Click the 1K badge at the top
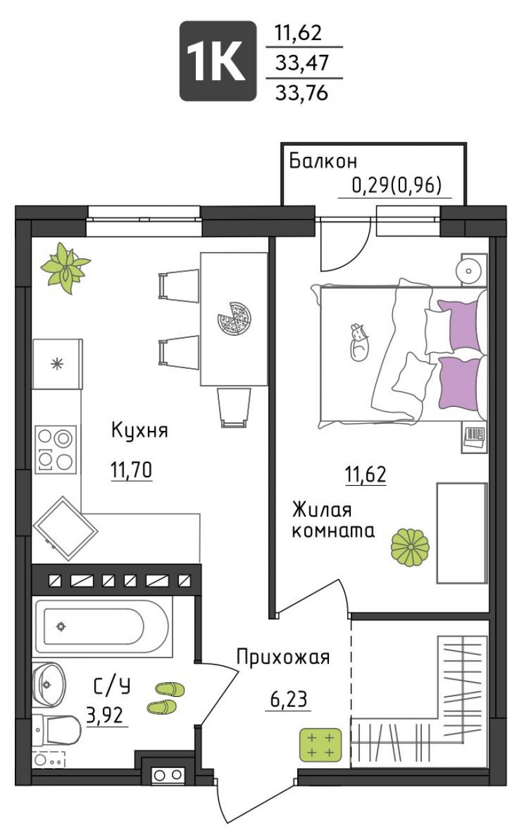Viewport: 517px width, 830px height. tap(218, 61)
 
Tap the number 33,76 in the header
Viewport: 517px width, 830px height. tap(302, 92)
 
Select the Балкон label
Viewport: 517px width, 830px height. tap(322, 161)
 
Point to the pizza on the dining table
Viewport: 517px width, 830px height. tap(234, 319)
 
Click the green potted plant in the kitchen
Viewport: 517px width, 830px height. tap(65, 267)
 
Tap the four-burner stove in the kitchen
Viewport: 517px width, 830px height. tap(56, 449)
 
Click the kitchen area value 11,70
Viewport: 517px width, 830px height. tap(131, 470)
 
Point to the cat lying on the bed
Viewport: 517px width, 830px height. tap(359, 342)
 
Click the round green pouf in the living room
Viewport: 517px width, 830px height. tap(410, 548)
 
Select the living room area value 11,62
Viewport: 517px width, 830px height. tap(366, 475)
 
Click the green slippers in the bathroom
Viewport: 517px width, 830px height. tap(165, 698)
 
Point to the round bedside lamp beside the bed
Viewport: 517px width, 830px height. tap(469, 271)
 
